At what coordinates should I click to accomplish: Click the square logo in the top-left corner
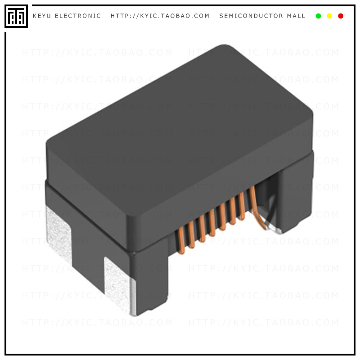point(16,16)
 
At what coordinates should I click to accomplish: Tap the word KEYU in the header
point(42,16)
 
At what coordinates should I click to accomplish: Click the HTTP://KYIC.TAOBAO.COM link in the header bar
point(160,16)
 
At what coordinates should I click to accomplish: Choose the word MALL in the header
point(296,16)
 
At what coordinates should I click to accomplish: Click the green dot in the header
point(319,16)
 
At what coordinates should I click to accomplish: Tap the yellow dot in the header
point(329,16)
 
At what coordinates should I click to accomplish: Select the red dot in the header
point(341,16)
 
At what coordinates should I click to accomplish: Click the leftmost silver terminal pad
point(58,234)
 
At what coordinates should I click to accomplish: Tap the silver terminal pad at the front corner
point(119,283)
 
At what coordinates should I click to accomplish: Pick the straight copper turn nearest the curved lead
point(241,206)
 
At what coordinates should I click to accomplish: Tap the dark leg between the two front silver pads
point(88,252)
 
